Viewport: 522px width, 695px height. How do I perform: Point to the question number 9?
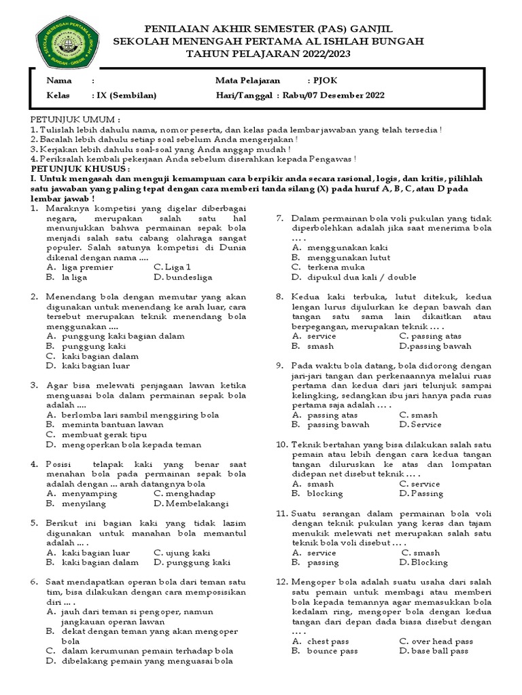(279, 365)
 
